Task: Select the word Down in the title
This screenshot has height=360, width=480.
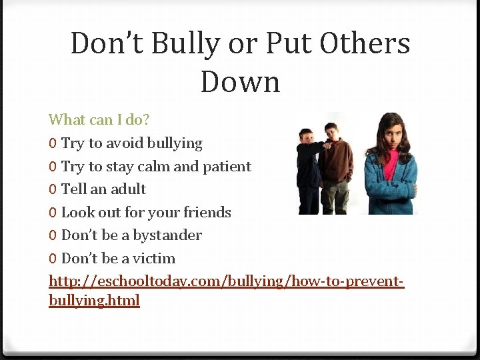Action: (x=240, y=82)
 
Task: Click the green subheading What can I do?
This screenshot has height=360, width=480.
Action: (x=99, y=120)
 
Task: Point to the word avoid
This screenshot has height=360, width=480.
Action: (x=125, y=143)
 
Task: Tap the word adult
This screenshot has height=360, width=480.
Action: (x=128, y=189)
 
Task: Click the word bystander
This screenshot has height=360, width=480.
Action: (x=167, y=235)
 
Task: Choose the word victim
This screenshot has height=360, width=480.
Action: (x=154, y=259)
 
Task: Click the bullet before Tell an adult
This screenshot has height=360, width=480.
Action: (x=53, y=190)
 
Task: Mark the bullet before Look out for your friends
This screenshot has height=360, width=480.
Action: (x=53, y=213)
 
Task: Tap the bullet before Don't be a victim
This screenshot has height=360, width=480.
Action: (x=53, y=259)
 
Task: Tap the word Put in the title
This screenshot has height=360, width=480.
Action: (x=289, y=44)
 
